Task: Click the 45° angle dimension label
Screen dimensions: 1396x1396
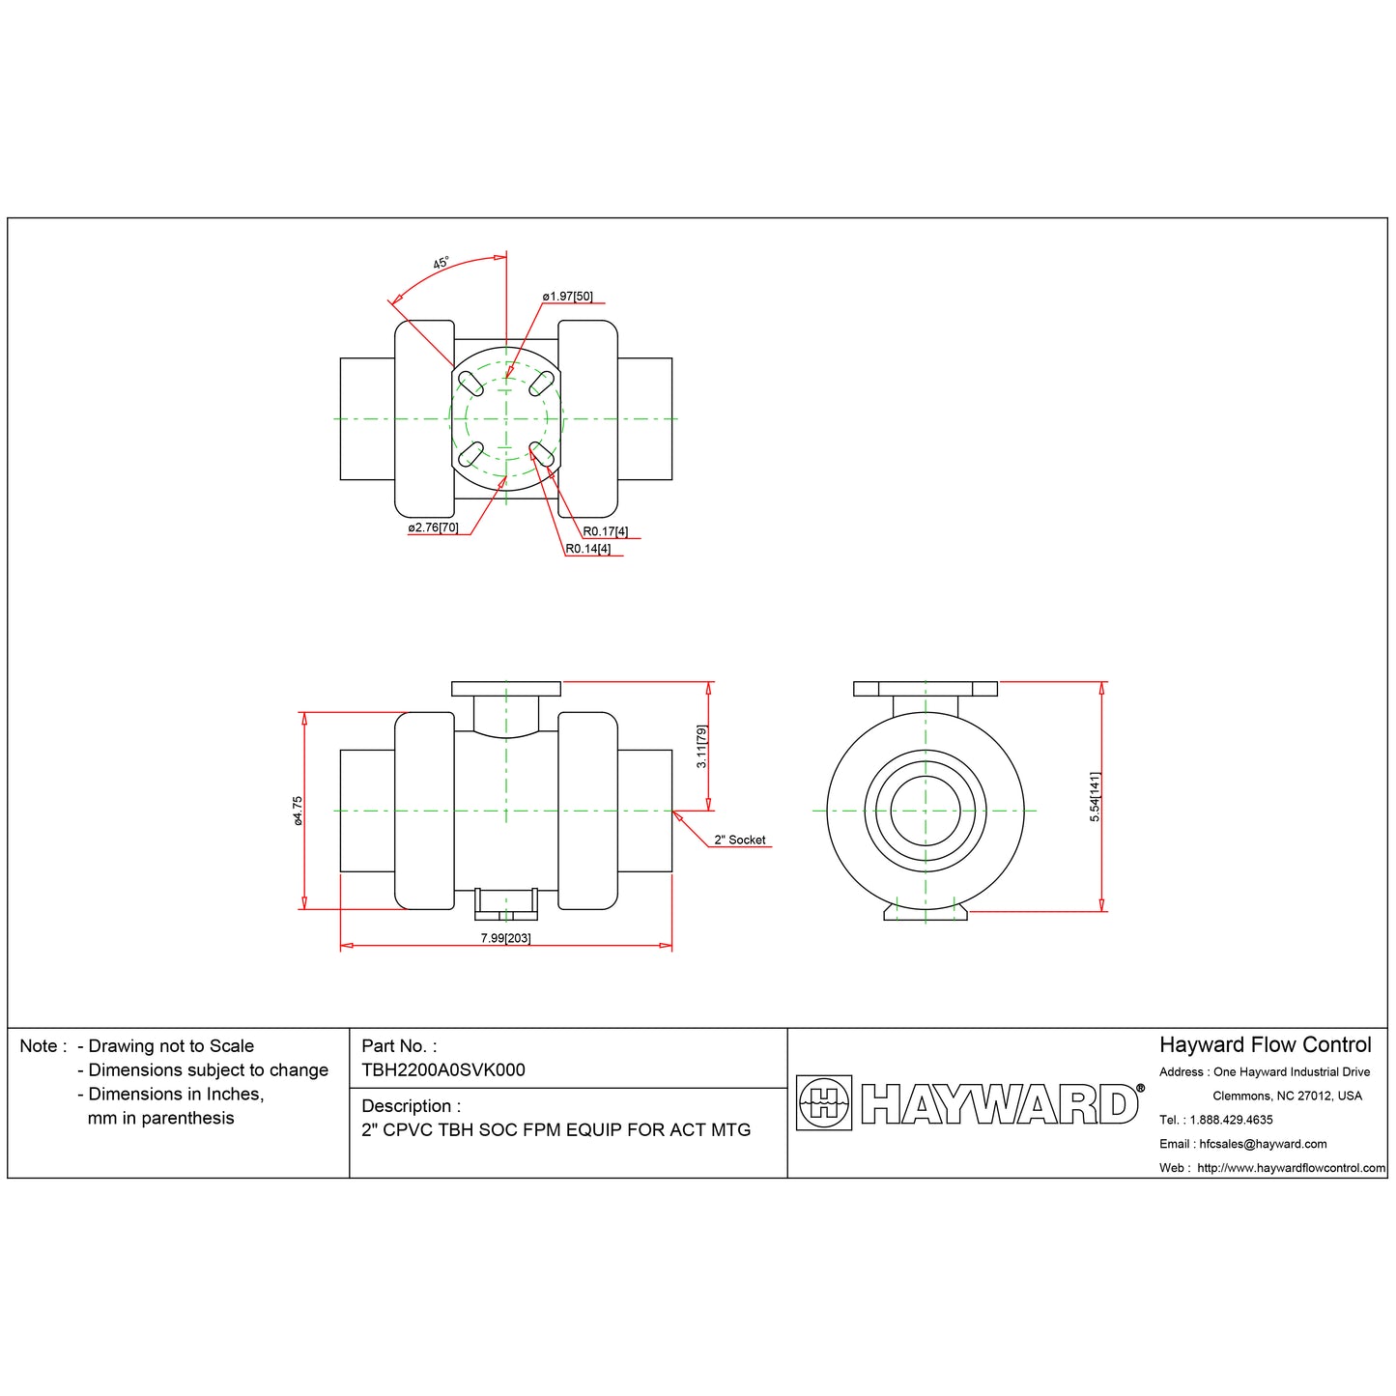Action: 441,263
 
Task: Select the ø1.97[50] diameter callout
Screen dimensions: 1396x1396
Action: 567,297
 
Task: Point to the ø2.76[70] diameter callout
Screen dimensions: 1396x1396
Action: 433,528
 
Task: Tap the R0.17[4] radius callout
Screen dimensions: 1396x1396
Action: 605,532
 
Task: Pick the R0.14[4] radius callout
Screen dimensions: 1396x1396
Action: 587,550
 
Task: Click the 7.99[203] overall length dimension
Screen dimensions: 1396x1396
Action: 505,939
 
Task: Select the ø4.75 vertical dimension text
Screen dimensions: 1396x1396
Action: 298,811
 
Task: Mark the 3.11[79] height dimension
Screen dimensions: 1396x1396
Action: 702,747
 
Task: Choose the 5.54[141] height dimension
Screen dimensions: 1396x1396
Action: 1095,797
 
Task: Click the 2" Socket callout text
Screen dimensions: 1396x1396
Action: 739,840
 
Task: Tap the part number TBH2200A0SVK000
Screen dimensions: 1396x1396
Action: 442,1069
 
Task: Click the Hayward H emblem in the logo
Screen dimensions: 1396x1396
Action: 823,1103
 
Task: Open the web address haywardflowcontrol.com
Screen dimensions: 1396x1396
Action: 1291,1168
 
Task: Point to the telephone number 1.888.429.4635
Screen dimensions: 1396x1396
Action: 1231,1120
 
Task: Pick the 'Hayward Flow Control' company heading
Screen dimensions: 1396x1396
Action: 1265,1045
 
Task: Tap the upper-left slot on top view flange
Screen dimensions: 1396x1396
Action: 470,384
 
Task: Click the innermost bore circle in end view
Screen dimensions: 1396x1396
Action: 925,811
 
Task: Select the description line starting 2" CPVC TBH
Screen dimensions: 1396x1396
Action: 556,1130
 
